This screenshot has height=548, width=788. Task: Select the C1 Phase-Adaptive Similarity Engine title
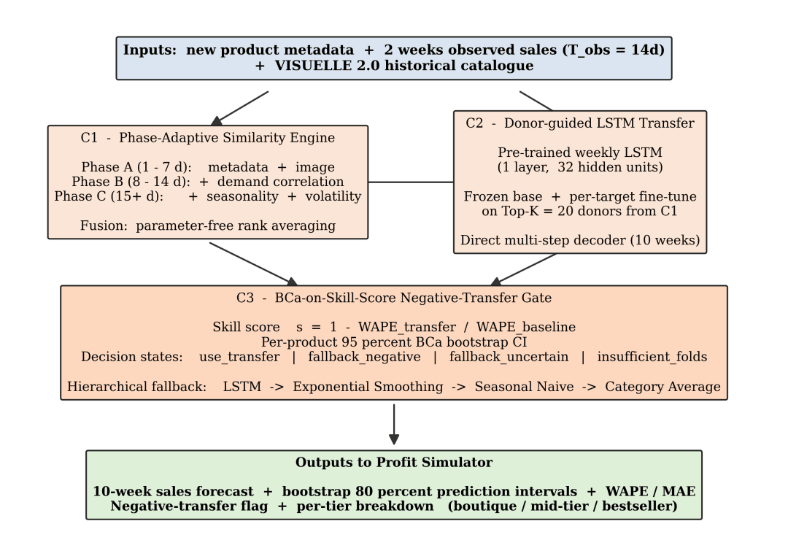click(207, 138)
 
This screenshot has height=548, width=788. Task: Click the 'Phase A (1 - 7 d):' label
click(136, 167)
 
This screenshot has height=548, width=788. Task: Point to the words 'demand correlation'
click(280, 182)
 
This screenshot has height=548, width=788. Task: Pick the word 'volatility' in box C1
click(333, 196)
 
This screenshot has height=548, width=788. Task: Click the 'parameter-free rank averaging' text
click(236, 225)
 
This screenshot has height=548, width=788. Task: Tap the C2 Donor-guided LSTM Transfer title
click(580, 123)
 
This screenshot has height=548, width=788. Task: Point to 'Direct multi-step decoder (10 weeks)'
click(580, 240)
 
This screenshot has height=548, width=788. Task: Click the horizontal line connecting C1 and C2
click(411, 182)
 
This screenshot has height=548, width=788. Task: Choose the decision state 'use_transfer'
click(239, 357)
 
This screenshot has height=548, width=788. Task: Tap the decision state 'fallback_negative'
click(364, 357)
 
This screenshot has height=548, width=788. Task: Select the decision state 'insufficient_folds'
click(652, 357)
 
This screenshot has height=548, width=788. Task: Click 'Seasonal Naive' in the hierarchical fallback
click(524, 387)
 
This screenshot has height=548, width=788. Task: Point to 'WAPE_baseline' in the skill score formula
click(525, 328)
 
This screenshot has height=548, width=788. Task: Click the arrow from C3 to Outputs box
click(394, 425)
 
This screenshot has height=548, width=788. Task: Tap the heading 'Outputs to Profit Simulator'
click(394, 463)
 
